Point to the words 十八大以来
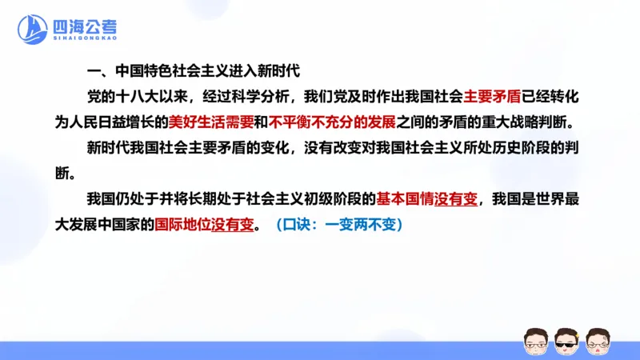click(x=152, y=97)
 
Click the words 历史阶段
click(x=522, y=148)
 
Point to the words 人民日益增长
click(x=121, y=122)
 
